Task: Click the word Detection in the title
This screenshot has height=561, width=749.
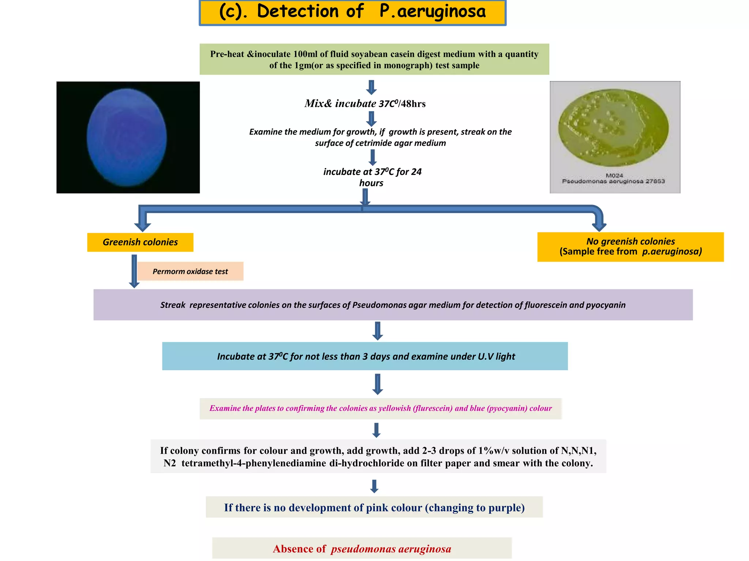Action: coord(298,11)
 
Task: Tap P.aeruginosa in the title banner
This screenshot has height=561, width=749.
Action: coord(433,11)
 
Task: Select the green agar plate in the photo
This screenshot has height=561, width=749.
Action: coord(613,128)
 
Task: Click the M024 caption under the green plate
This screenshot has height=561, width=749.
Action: coord(614,175)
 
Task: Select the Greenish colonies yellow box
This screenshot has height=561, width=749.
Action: coord(140,242)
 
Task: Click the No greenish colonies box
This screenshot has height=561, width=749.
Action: coord(630,247)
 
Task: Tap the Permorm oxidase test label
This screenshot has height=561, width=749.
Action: coord(190,271)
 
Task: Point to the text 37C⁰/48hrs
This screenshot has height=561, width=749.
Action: coord(402,104)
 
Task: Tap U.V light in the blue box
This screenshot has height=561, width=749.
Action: coord(496,356)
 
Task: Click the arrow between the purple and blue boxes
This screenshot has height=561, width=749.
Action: coord(377,331)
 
